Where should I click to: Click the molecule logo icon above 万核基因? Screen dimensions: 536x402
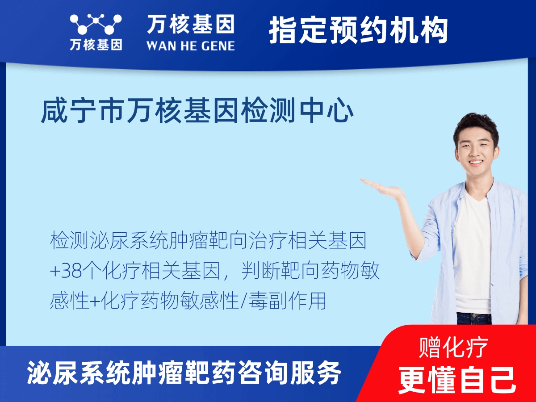tap(96, 24)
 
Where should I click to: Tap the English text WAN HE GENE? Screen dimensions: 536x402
tap(190, 46)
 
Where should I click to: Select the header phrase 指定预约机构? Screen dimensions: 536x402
tap(358, 30)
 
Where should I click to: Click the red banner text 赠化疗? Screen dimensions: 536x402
tap(453, 348)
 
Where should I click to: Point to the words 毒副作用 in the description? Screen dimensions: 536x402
tap(287, 301)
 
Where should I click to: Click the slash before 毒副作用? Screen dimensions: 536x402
tap(243, 301)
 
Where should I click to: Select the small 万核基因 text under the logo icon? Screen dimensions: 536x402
tap(96, 45)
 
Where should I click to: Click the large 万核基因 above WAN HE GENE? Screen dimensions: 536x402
tap(190, 24)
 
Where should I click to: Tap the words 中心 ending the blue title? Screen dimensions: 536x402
tap(327, 110)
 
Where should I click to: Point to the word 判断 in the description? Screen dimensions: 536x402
tap(260, 271)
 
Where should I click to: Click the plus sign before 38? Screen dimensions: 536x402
tap(55, 272)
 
